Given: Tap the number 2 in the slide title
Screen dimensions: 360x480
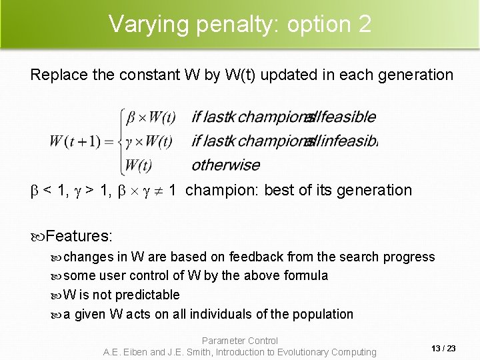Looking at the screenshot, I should pyautogui.click(x=364, y=24).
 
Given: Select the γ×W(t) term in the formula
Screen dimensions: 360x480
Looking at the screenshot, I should pyautogui.click(x=151, y=141).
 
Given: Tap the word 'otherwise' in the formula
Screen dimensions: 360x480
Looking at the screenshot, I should pyautogui.click(x=225, y=164).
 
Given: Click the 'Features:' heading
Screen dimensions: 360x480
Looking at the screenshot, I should pyautogui.click(x=79, y=236).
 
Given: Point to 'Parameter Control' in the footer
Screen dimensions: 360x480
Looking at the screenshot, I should pyautogui.click(x=240, y=341).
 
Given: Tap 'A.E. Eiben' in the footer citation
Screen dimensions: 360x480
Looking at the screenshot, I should pyautogui.click(x=125, y=352).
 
